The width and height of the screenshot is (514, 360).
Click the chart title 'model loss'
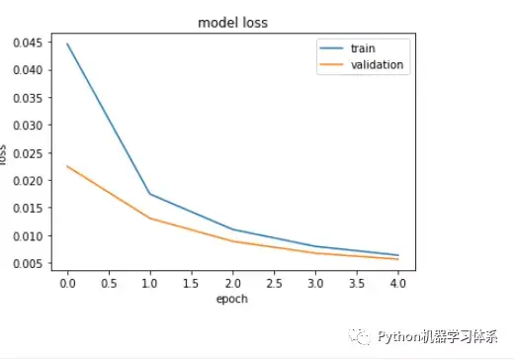[232, 22]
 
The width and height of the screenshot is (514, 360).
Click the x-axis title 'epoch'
[232, 299]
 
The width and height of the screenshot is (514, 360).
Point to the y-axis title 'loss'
[4, 154]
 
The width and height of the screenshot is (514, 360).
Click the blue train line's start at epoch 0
[66, 44]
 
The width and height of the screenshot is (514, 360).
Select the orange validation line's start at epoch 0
[66, 166]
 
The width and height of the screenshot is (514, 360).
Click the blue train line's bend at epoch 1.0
[149, 194]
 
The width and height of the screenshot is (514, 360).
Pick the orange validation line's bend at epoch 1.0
[149, 218]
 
